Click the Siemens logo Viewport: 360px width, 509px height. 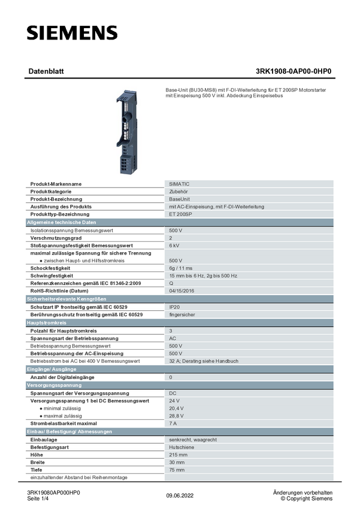tap(71, 34)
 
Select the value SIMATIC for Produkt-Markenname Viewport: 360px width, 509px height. tap(179, 184)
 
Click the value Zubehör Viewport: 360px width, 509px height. tap(179, 192)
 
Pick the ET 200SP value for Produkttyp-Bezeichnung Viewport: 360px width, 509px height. tap(180, 214)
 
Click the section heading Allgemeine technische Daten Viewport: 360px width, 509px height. tap(62, 222)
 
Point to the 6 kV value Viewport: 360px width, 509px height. tap(174, 246)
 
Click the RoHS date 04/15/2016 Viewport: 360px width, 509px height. tap(181, 290)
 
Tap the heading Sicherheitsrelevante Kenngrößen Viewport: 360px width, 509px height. tap(66, 298)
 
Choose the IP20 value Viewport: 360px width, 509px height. tap(174, 307)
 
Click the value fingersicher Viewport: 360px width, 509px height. tap(182, 314)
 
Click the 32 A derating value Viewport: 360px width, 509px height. tap(204, 361)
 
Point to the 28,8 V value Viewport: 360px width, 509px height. tap(176, 416)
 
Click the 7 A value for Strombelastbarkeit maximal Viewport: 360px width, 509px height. tap(173, 423)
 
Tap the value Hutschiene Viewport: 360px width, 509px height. tap(181, 447)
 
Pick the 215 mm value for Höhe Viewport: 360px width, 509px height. tap(178, 455)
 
